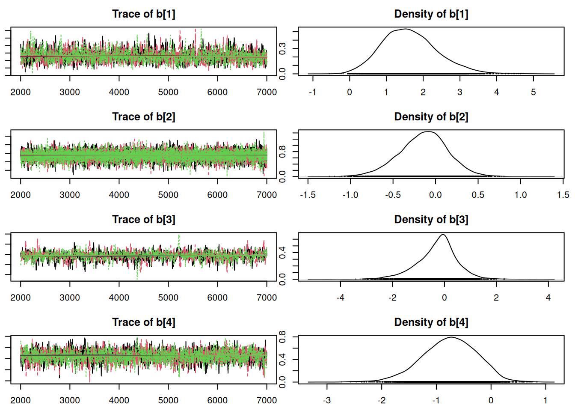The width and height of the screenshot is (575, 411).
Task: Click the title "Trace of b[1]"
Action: [144, 14]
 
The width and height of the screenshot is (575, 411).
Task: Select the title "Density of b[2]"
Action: [431, 117]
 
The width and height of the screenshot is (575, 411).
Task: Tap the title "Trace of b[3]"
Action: [144, 220]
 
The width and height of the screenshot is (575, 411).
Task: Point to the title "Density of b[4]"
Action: [431, 322]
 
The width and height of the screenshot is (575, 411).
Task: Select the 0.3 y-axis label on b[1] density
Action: [283, 49]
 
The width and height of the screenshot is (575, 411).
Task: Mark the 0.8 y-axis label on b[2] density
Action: [283, 151]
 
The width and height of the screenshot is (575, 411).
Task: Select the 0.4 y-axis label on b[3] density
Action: [283, 253]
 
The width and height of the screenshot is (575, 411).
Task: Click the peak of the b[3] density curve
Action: [443, 235]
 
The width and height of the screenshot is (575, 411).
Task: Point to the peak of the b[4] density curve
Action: [451, 337]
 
